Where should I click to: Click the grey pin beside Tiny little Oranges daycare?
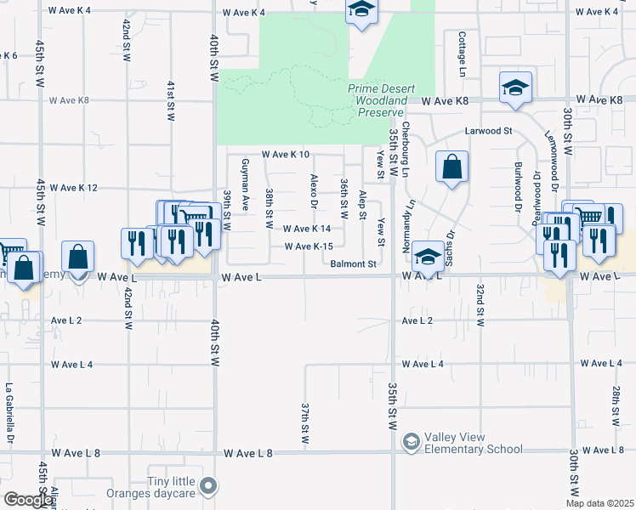(209, 487)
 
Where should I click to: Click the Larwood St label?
(488, 131)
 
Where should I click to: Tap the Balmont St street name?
(354, 264)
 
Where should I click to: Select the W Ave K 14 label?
(307, 229)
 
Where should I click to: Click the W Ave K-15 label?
(308, 246)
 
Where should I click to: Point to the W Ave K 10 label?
(285, 155)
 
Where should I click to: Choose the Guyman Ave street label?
(245, 184)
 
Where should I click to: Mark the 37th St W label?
(304, 423)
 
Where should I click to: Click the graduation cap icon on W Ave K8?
(514, 88)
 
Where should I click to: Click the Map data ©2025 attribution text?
(600, 503)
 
